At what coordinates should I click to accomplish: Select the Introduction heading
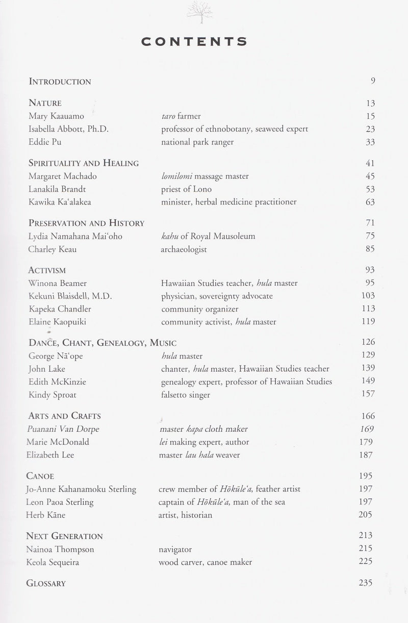(60, 81)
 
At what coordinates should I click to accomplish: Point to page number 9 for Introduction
(373, 80)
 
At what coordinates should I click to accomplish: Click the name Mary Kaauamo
(57, 116)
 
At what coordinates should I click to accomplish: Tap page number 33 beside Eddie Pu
(370, 142)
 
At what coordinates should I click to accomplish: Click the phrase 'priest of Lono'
(186, 189)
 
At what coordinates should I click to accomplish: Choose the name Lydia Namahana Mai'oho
(75, 236)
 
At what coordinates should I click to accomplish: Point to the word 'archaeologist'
(185, 249)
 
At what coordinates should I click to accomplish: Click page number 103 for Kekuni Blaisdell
(367, 296)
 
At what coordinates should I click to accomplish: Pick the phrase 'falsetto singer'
(185, 394)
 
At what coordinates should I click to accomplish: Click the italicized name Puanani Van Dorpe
(63, 429)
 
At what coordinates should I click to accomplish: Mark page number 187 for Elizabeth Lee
(366, 455)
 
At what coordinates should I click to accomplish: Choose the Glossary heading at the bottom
(46, 583)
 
